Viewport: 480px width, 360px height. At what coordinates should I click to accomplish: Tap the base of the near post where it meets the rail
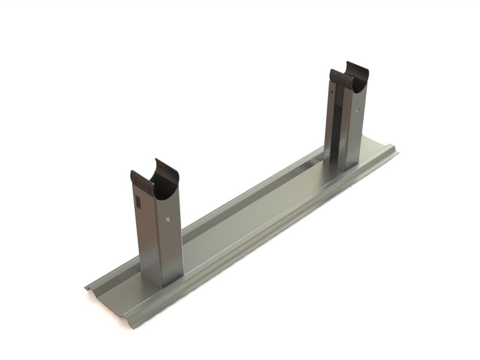tap(162, 280)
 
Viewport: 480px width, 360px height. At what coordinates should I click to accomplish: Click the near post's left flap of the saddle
tap(141, 180)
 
